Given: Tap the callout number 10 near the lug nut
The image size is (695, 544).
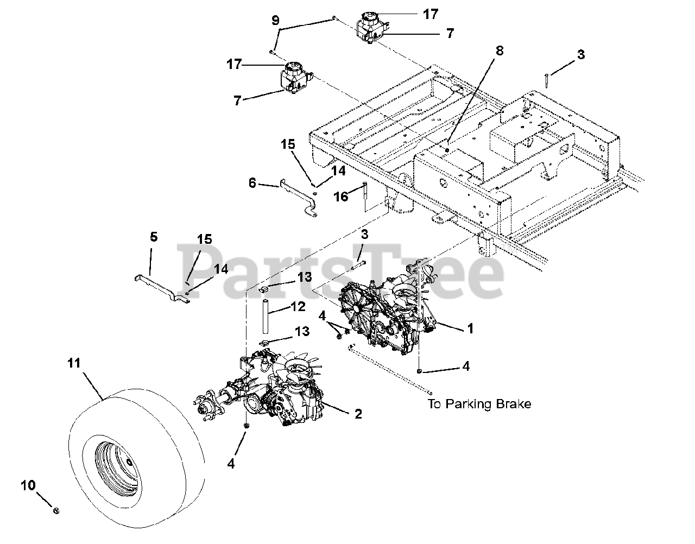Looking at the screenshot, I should pyautogui.click(x=28, y=485).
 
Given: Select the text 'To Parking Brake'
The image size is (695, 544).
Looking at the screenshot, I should pyautogui.click(x=479, y=404).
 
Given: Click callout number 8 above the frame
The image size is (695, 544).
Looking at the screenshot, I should pyautogui.click(x=499, y=51).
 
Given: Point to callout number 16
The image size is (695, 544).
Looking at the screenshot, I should pyautogui.click(x=341, y=197).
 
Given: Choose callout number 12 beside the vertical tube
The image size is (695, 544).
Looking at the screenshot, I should pyautogui.click(x=298, y=308).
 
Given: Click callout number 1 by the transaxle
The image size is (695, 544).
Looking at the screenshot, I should pyautogui.click(x=470, y=328).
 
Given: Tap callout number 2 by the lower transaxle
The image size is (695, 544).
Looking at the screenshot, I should pyautogui.click(x=358, y=414).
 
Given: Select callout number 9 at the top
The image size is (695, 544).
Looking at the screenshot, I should pyautogui.click(x=276, y=21).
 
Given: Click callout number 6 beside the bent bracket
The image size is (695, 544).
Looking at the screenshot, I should pyautogui.click(x=252, y=183).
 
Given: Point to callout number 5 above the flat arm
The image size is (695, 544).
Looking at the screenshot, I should pyautogui.click(x=154, y=237).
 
